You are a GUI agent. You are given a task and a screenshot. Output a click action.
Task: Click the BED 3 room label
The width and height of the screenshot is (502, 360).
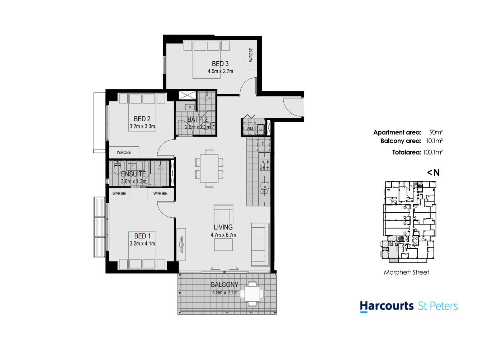coord(220,64)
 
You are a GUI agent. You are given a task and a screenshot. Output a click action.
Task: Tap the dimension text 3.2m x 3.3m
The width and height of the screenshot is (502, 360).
coord(142,127)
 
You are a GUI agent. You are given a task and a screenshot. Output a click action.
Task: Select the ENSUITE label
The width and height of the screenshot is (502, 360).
coord(133,174)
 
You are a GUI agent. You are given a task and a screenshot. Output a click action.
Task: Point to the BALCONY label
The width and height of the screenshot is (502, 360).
coord(224,284)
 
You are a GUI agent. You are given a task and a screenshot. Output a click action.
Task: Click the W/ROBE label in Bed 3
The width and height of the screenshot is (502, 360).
coord(251,55)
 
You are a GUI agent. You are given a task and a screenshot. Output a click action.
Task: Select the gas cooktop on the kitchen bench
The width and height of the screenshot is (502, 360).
coord(265,165)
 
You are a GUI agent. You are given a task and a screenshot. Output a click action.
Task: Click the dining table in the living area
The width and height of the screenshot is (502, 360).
coord(209,168)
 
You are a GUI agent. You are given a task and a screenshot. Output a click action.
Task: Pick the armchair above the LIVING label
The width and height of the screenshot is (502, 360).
coord(223,214)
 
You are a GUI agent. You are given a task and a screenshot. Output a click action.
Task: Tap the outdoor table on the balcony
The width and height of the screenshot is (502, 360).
coord(252,294)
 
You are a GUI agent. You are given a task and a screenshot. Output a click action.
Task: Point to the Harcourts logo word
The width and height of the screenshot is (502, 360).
coord(387,306)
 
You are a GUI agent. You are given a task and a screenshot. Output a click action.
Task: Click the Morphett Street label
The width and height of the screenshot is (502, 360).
coord(406,273)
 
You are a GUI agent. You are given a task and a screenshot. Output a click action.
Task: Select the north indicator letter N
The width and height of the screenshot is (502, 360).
coord(436,172)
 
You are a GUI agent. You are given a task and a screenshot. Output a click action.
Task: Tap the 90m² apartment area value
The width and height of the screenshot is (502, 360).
coord(436,132)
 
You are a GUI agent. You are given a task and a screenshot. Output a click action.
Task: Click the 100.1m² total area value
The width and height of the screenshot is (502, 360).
coord(433,152)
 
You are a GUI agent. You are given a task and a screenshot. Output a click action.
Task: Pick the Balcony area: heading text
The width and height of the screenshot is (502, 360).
coord(401,141)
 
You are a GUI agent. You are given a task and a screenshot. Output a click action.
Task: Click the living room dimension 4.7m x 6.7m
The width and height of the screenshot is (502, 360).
coord(223,235)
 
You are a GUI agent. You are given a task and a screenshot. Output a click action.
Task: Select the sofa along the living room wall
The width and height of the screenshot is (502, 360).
coord(260,244)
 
